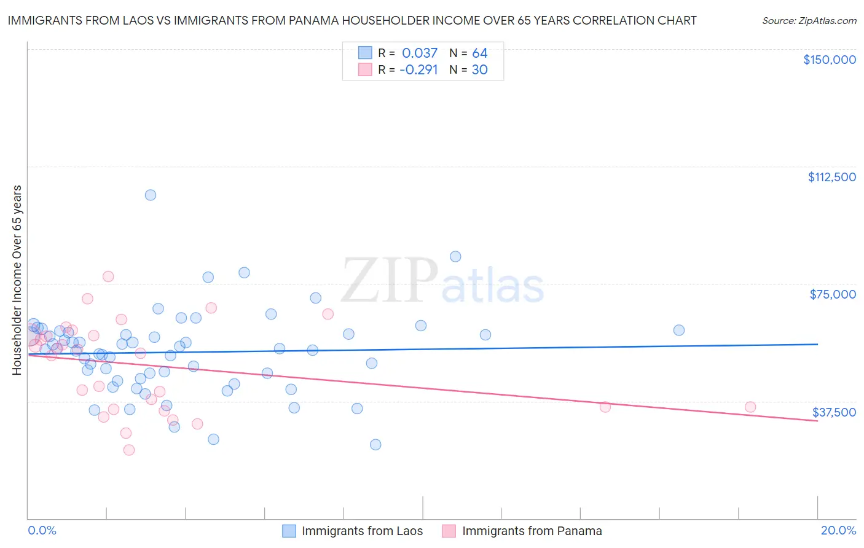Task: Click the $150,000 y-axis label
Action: coord(829,60)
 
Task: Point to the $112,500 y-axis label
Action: coord(831,177)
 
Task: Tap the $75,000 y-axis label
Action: coord(833,294)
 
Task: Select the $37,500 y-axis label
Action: coord(834,412)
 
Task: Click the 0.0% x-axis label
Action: coord(42,530)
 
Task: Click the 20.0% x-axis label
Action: coord(838,530)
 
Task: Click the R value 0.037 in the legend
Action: coord(420,53)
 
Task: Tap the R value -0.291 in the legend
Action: coord(418,69)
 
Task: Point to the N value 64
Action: coord(479,53)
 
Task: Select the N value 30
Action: coord(479,69)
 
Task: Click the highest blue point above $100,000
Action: coord(151,195)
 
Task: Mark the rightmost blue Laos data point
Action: coord(679,330)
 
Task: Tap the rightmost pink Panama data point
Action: coord(750,407)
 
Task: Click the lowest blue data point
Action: coord(375,444)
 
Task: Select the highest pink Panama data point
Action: coord(108,276)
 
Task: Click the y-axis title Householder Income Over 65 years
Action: coord(17,280)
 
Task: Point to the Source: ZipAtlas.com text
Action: coord(809,21)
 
